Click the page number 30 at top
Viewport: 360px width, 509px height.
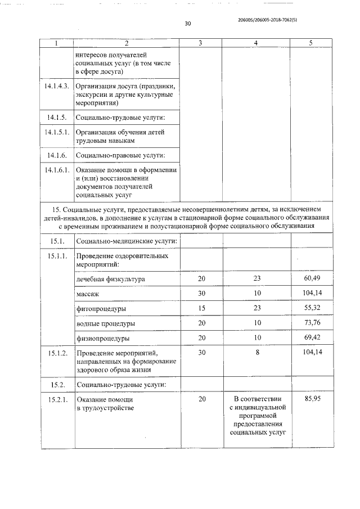click(188, 24)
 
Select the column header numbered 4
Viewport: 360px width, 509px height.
click(256, 43)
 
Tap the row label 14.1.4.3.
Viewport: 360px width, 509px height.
click(56, 86)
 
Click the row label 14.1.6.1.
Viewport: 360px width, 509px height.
click(56, 170)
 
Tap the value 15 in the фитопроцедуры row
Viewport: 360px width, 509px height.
click(201, 309)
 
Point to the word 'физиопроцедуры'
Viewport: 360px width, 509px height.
click(103, 339)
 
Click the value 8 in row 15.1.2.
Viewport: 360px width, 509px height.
click(257, 353)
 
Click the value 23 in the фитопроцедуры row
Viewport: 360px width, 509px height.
click(257, 309)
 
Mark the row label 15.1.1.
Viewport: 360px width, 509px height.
click(56, 256)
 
